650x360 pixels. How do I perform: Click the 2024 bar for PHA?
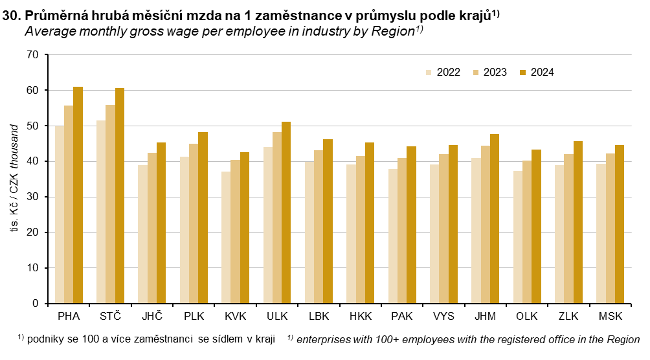click(78, 195)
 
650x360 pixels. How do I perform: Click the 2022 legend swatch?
click(429, 73)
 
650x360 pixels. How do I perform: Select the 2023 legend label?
click(495, 73)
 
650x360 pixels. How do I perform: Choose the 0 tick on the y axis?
click(36, 303)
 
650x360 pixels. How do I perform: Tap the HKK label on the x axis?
click(360, 317)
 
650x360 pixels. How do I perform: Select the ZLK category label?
click(568, 317)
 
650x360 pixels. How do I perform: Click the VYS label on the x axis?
click(443, 317)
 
